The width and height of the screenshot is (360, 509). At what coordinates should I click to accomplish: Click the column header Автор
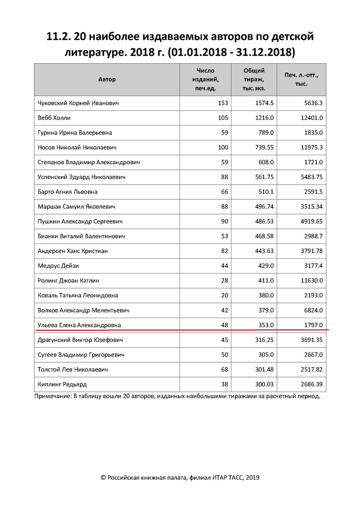click(107, 79)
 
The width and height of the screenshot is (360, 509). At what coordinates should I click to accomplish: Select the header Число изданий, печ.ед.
click(206, 79)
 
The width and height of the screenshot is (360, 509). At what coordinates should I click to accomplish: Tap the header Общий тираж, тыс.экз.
click(254, 79)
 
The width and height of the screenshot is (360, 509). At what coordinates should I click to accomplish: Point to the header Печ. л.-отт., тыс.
click(301, 79)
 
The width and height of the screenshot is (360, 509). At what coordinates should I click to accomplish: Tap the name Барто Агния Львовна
click(67, 192)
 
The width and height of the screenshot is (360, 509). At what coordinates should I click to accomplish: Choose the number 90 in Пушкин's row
click(224, 221)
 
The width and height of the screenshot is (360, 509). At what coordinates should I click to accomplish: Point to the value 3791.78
click(311, 251)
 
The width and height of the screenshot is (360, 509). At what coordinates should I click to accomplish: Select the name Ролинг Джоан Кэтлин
click(69, 280)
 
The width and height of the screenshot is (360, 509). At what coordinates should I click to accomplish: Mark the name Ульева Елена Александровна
click(79, 325)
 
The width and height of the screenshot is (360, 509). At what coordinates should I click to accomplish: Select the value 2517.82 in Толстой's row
click(311, 369)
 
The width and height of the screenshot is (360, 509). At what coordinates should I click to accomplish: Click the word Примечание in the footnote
click(54, 397)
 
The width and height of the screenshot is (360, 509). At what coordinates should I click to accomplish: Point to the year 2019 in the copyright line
click(251, 478)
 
